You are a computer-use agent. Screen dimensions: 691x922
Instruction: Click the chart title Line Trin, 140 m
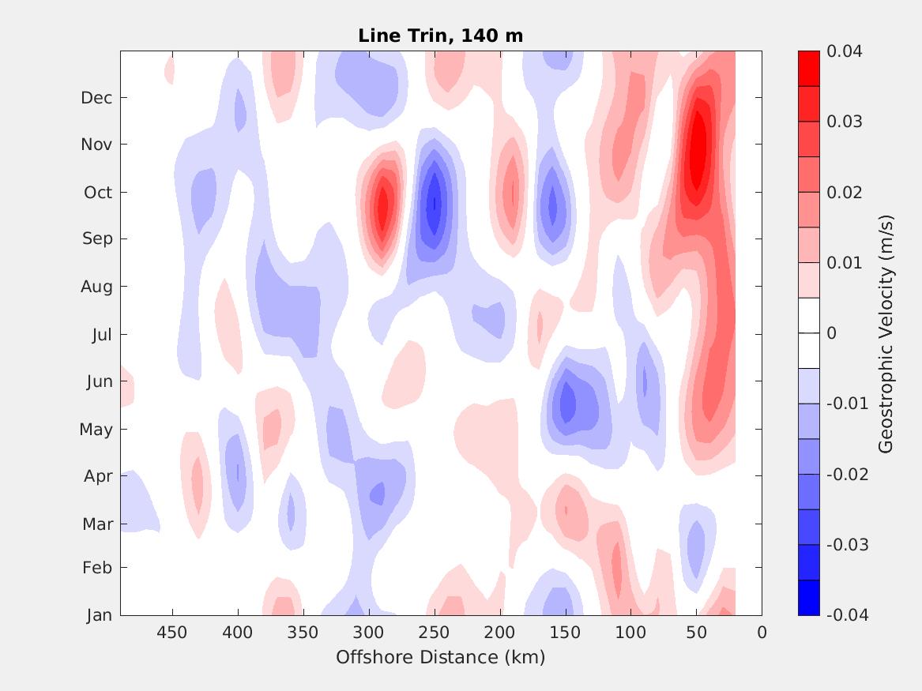pos(440,36)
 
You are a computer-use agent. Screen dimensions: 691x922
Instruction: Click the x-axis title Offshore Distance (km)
pos(440,657)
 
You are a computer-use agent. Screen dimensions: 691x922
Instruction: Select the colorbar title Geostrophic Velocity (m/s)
pos(886,332)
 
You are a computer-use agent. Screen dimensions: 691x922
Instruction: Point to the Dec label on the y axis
pos(96,98)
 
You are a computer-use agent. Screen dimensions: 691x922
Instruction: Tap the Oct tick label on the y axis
pos(98,193)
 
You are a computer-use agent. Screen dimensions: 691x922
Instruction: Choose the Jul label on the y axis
pos(102,335)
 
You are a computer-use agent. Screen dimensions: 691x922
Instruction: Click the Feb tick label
pos(97,568)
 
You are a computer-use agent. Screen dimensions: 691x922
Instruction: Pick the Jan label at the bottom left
pos(99,615)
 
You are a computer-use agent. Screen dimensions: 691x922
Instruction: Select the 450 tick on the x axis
pos(171,633)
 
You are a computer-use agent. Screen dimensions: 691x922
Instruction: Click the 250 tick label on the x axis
pos(434,633)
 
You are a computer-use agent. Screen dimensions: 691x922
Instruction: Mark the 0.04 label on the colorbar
pos(844,51)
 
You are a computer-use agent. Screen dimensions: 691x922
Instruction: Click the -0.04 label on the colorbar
pos(846,615)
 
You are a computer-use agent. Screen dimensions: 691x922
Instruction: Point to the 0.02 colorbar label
pos(844,193)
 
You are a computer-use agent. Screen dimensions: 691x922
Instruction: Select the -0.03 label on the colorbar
pos(846,545)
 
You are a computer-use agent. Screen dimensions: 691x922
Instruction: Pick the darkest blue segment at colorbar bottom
pos(809,598)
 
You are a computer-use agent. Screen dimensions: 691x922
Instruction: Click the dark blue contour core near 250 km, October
pos(433,204)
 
